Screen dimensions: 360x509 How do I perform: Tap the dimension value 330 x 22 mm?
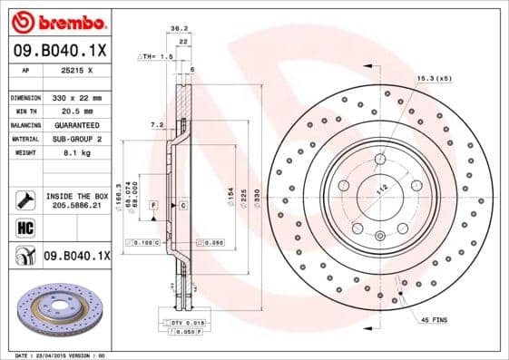click(x=77, y=96)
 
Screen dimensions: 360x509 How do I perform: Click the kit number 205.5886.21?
click(x=76, y=207)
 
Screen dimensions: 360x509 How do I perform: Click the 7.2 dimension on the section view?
click(x=155, y=123)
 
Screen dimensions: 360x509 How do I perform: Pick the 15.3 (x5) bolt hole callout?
click(x=435, y=79)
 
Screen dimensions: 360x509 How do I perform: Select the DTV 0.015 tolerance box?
click(x=184, y=323)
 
